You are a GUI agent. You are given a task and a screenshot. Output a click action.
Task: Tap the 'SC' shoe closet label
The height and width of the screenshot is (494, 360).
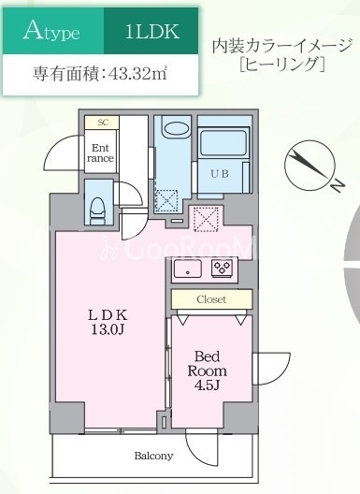102,123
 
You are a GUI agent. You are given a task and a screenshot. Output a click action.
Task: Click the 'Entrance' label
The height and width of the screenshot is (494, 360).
100,153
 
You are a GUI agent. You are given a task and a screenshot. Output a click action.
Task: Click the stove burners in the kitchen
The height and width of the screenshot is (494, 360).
222,269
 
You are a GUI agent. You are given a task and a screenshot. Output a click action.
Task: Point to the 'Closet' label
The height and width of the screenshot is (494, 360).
210,300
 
